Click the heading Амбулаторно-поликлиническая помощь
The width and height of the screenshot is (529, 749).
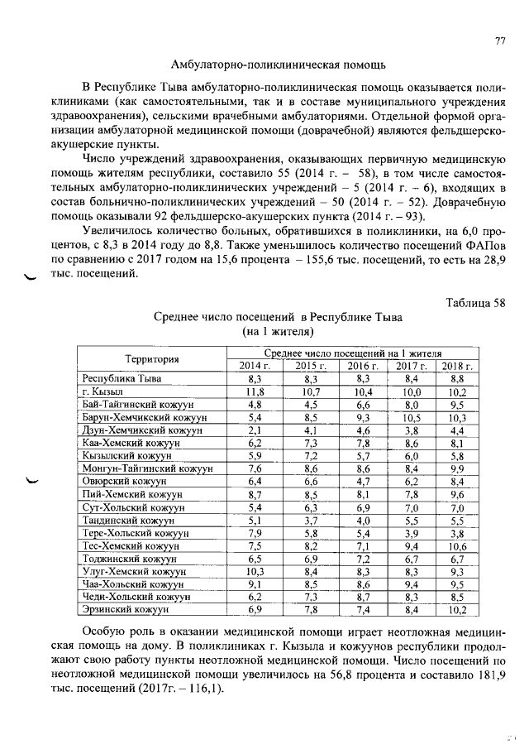(x=278, y=64)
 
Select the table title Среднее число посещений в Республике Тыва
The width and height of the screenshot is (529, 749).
(x=277, y=317)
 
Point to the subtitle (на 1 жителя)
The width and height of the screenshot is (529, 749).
(x=277, y=332)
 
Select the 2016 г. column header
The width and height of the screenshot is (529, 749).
(x=362, y=366)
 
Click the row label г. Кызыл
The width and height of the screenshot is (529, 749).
(x=102, y=391)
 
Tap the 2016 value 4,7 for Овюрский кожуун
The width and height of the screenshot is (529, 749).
(x=362, y=482)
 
